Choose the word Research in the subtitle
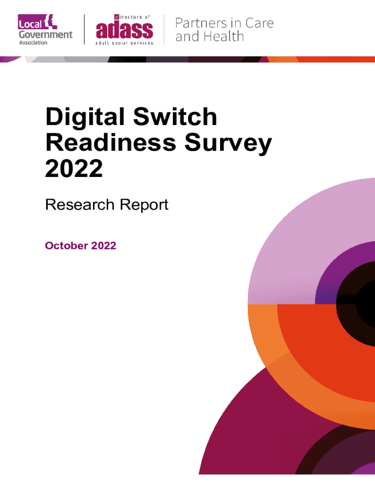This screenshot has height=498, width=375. point(78,205)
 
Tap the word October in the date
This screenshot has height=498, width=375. point(66,246)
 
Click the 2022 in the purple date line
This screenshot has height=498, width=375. point(103,246)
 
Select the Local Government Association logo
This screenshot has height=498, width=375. point(45,30)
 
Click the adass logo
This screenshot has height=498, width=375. point(125,30)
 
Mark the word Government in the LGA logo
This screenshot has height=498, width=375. point(45,35)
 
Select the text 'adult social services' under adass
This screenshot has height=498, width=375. point(125,43)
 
